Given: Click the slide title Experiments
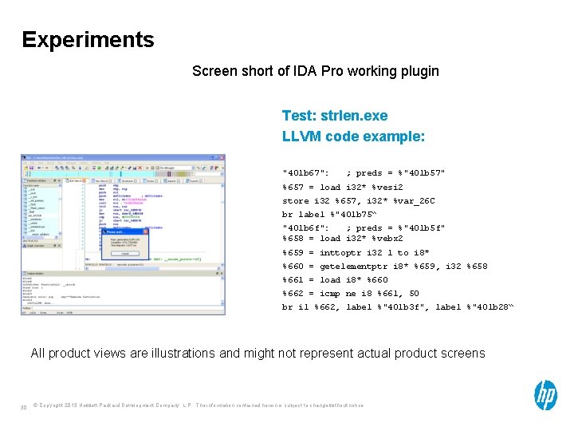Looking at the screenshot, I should click(x=88, y=39).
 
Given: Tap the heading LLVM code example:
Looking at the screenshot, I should click(x=353, y=136).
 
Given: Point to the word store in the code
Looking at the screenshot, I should click(x=296, y=201).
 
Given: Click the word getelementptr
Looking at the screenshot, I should click(x=354, y=266).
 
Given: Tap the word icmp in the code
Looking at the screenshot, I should click(x=330, y=293).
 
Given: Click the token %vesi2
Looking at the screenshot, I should click(x=384, y=187).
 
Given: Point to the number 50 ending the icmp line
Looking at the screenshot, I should click(x=415, y=293).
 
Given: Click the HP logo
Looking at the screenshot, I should click(x=545, y=395).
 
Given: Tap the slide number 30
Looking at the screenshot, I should click(x=24, y=409).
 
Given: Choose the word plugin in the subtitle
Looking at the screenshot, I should click(x=419, y=71).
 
